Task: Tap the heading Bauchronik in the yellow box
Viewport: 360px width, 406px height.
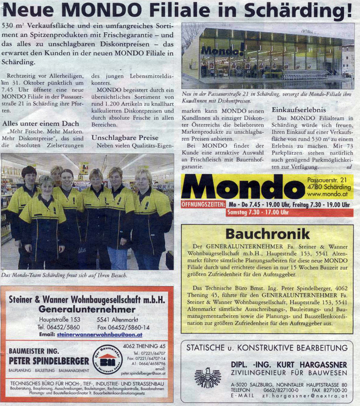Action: [267, 234]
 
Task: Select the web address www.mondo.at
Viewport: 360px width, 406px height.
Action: [329, 194]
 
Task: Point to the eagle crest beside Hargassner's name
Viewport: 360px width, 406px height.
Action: [207, 377]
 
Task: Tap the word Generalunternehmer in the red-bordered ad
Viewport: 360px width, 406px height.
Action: [87, 309]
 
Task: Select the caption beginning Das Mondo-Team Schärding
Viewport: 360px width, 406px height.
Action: [64, 275]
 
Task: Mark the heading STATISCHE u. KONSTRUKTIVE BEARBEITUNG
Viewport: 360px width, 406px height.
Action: [267, 348]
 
